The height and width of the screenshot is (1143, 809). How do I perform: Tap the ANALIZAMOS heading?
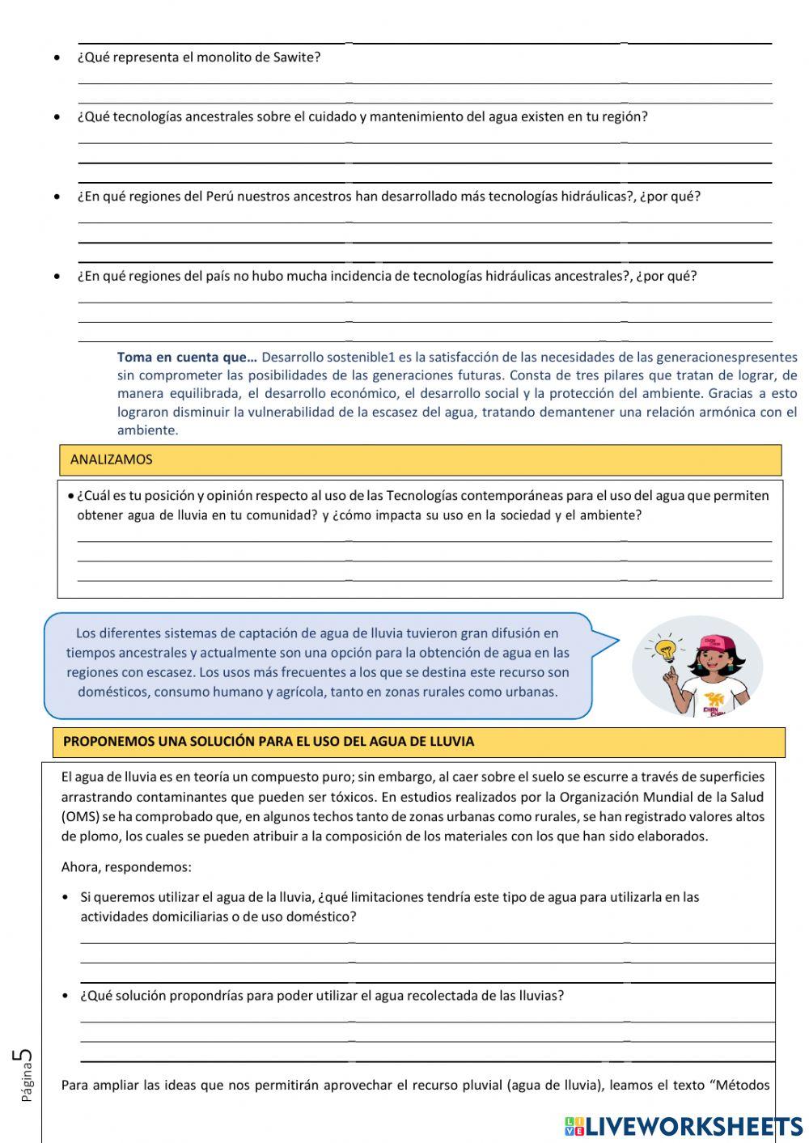[111, 459]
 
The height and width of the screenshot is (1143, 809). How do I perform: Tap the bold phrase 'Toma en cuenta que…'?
[187, 357]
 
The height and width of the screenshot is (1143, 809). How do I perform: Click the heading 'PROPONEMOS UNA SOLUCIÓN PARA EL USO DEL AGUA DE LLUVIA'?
[269, 741]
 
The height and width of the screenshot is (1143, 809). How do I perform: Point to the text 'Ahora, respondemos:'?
[126, 867]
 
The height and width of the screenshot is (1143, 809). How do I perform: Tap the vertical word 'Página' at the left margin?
[28, 1084]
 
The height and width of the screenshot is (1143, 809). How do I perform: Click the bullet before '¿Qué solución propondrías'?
[66, 996]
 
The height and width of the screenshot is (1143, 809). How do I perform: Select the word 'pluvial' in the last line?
[480, 1085]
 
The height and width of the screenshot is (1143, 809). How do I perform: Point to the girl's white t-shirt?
[712, 700]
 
